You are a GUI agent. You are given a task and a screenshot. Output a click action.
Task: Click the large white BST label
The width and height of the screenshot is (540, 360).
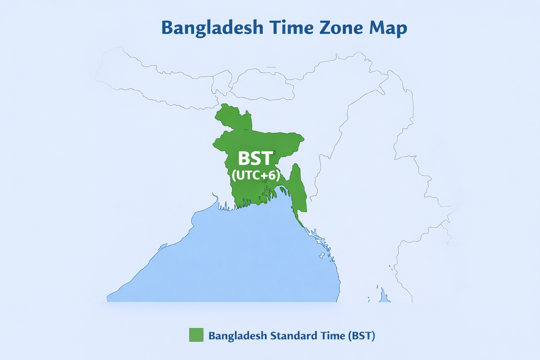[255, 159]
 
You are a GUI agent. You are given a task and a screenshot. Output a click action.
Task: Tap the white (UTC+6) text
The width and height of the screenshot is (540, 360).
[256, 175]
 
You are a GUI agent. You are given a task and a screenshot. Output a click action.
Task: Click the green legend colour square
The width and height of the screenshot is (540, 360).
[196, 335]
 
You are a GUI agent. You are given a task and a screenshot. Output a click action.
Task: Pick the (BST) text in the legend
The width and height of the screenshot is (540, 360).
[362, 336]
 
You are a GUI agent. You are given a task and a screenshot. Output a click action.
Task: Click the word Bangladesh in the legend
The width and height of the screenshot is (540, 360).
[238, 336]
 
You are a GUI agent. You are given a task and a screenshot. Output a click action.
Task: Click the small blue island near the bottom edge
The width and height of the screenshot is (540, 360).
[384, 297]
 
